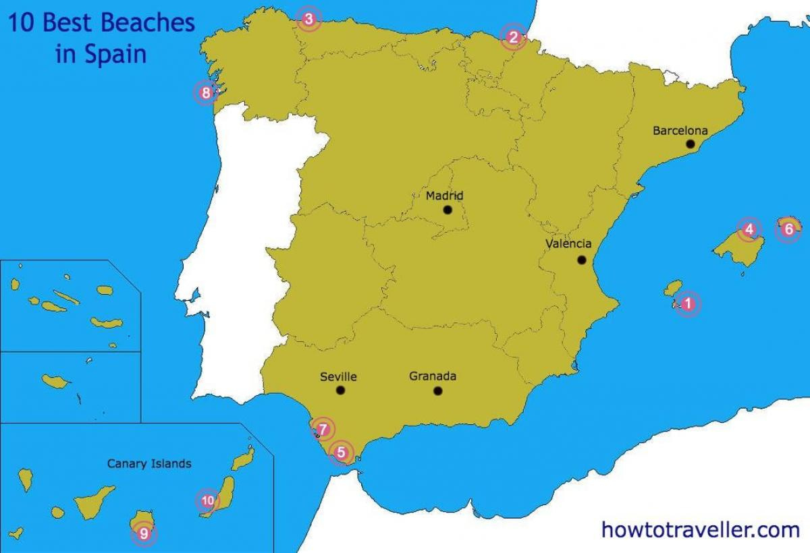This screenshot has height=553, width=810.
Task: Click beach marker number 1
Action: click(687, 304)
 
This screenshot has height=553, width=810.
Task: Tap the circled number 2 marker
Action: click(513, 37)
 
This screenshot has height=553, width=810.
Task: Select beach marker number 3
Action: click(308, 19)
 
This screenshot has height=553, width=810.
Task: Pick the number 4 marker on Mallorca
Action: click(749, 229)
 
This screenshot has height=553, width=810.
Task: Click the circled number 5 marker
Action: click(341, 453)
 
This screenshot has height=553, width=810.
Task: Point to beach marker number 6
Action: click(788, 230)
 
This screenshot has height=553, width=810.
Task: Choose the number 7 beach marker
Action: click(323, 429)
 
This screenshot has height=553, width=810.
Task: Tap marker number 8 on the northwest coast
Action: click(206, 93)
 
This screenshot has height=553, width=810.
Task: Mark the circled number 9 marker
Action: click(143, 534)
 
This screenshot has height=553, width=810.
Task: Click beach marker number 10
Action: click(207, 501)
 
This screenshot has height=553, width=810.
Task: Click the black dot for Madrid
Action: click(448, 210)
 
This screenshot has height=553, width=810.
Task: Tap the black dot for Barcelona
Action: click(691, 144)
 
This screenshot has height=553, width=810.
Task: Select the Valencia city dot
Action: click(582, 260)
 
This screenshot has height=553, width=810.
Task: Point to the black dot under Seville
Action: click(340, 390)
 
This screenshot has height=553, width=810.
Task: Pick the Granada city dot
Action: click(437, 390)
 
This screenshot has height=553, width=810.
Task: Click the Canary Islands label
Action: click(149, 464)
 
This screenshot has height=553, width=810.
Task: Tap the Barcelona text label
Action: click(680, 131)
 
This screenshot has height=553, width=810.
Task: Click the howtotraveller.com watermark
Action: click(700, 530)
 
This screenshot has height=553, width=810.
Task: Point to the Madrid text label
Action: click(444, 196)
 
